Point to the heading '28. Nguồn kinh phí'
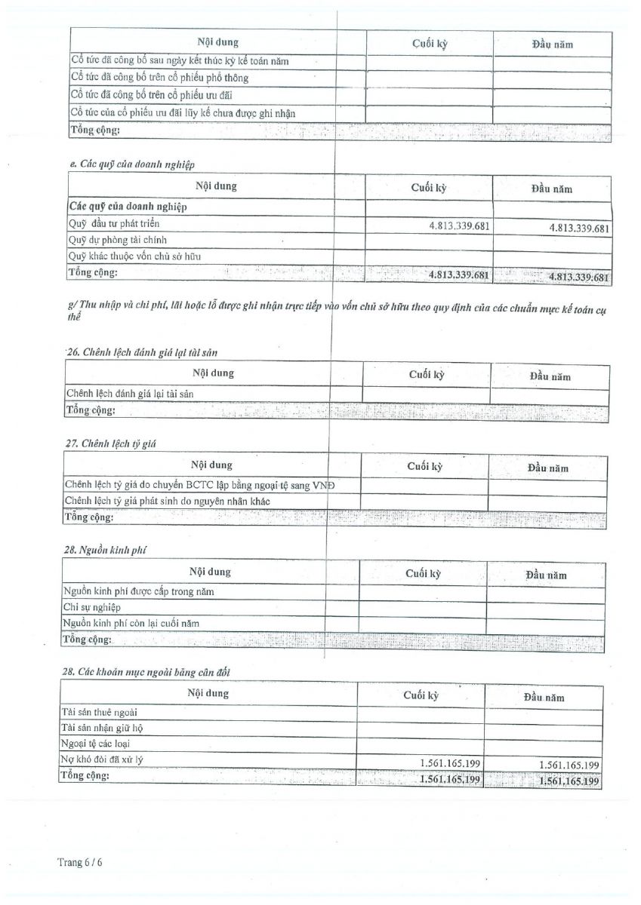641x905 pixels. point(105,551)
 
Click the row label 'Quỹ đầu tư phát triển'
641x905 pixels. point(114,223)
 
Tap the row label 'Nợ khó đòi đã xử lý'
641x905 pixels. point(102,759)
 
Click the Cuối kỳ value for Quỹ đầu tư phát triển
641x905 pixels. point(459,225)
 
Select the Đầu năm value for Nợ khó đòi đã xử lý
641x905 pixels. point(569,765)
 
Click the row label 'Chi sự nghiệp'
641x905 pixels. point(92,607)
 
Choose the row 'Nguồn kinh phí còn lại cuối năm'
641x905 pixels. point(131,623)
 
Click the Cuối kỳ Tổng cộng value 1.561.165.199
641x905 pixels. point(449,779)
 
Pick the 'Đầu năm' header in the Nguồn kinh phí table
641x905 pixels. point(546,575)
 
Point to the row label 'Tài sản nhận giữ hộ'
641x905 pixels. point(102,728)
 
